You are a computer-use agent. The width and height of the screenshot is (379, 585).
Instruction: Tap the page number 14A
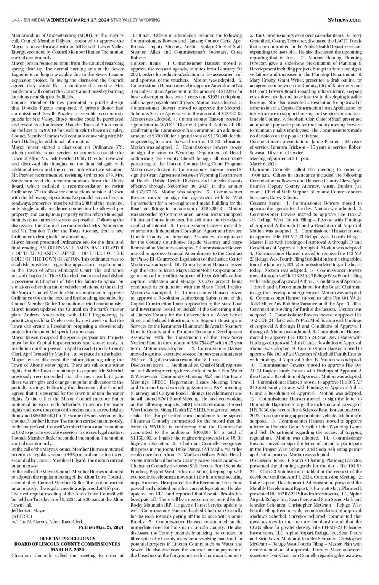(x=16, y=20)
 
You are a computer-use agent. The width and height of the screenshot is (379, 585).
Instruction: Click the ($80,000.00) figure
(x=36, y=426)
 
